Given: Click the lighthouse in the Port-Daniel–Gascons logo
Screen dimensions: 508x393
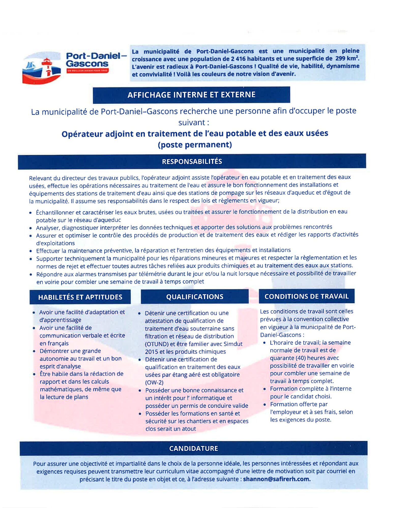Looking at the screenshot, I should coord(47,67).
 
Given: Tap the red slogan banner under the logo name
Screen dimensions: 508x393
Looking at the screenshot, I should coord(88,71).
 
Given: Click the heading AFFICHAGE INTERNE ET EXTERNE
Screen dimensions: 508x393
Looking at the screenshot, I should coord(191,95).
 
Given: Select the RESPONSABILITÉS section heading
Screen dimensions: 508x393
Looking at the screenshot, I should coord(192,161).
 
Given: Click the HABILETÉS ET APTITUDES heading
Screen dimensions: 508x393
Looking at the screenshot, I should coord(80,297).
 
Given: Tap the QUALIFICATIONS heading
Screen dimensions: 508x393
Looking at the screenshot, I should coord(195,297).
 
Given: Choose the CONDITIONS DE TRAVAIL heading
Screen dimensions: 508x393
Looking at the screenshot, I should coord(307,296).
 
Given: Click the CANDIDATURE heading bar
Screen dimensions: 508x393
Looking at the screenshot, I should coord(194,448).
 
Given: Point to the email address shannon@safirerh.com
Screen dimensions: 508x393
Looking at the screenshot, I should coord(276,479).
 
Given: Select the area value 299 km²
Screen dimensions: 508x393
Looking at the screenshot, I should coord(347,58).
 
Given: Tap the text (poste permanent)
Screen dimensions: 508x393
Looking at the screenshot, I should coord(195,145).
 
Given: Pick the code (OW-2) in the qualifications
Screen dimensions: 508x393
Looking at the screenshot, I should coord(154,382).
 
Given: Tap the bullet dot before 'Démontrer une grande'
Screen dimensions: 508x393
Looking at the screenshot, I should coord(34,351).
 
